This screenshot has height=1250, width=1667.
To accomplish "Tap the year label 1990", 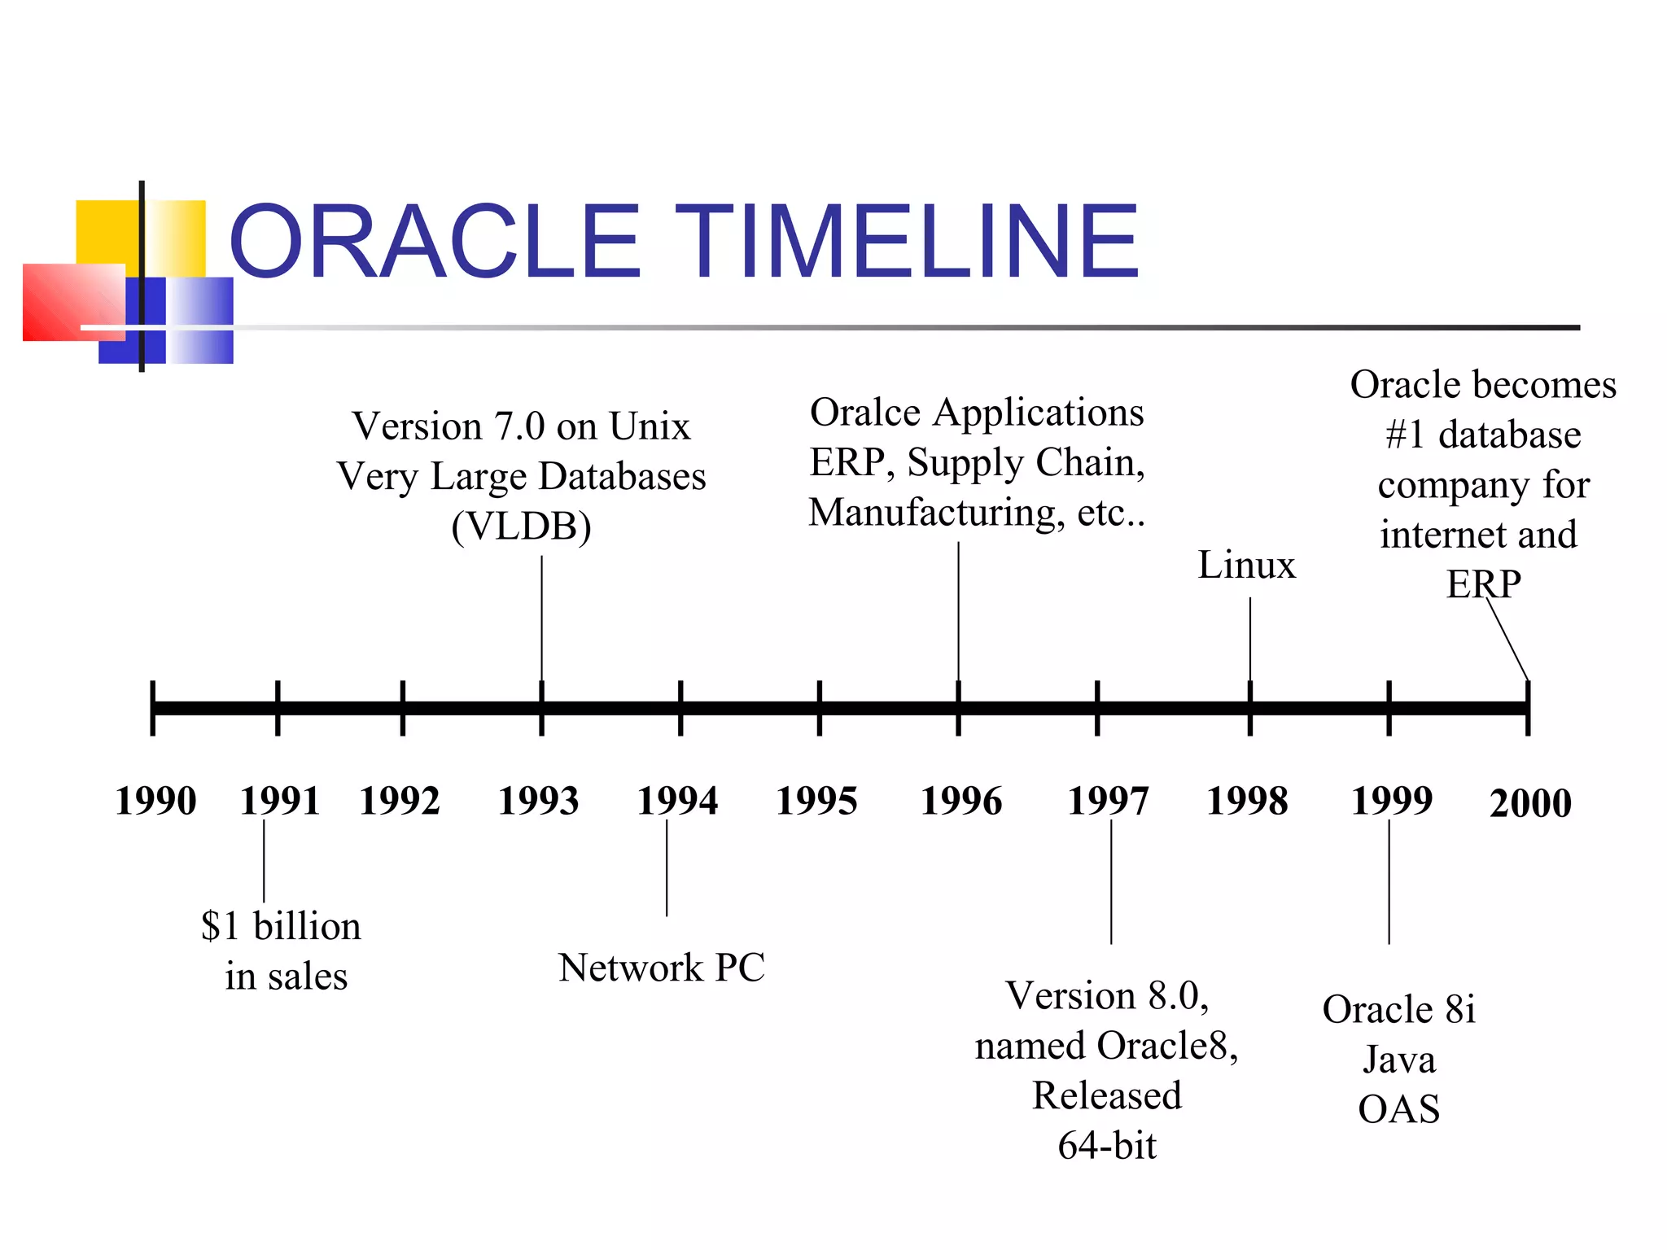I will point(155,801).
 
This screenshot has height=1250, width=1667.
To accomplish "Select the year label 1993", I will point(538,801).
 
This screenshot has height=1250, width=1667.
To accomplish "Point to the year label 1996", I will point(960,801).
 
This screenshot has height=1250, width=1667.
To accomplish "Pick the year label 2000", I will point(1530,803).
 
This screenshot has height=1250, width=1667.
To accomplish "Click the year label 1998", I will point(1247,801).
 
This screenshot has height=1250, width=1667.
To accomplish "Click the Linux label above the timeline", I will point(1246,565).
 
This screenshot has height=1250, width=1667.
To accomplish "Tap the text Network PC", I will point(661,968).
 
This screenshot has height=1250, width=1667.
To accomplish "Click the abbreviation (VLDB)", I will point(521,527).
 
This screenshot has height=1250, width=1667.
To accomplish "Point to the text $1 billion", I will point(281,926).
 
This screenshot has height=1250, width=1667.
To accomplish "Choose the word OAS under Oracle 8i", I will point(1398,1109).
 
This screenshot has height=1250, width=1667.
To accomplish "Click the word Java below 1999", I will point(1398,1060).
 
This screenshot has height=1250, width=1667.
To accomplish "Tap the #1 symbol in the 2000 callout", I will point(1405,435).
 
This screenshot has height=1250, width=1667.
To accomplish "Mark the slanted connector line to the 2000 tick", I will point(1507,640).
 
